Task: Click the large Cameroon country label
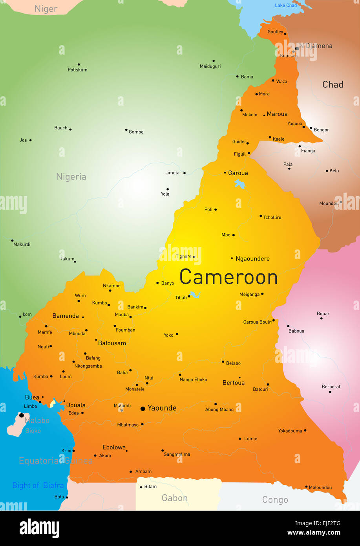coord(228,277)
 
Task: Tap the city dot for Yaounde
coord(143,409)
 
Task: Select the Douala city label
coord(76,405)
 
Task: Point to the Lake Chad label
coord(286,5)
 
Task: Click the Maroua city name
coord(277,114)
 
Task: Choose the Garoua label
coord(238,173)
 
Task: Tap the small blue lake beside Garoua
coord(239,183)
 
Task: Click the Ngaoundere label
coord(252,258)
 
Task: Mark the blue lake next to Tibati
coord(194,295)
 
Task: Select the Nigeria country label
coord(71,177)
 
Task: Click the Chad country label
coord(333,84)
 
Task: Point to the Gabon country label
coord(175,498)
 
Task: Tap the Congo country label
coord(275,500)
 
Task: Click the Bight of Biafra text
coord(38,486)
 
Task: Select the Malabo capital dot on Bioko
coord(22,415)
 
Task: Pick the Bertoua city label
coord(234,383)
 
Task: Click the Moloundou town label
coord(320,487)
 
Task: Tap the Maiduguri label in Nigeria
coord(210,66)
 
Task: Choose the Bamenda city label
coord(66,316)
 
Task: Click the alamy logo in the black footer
coord(39,528)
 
